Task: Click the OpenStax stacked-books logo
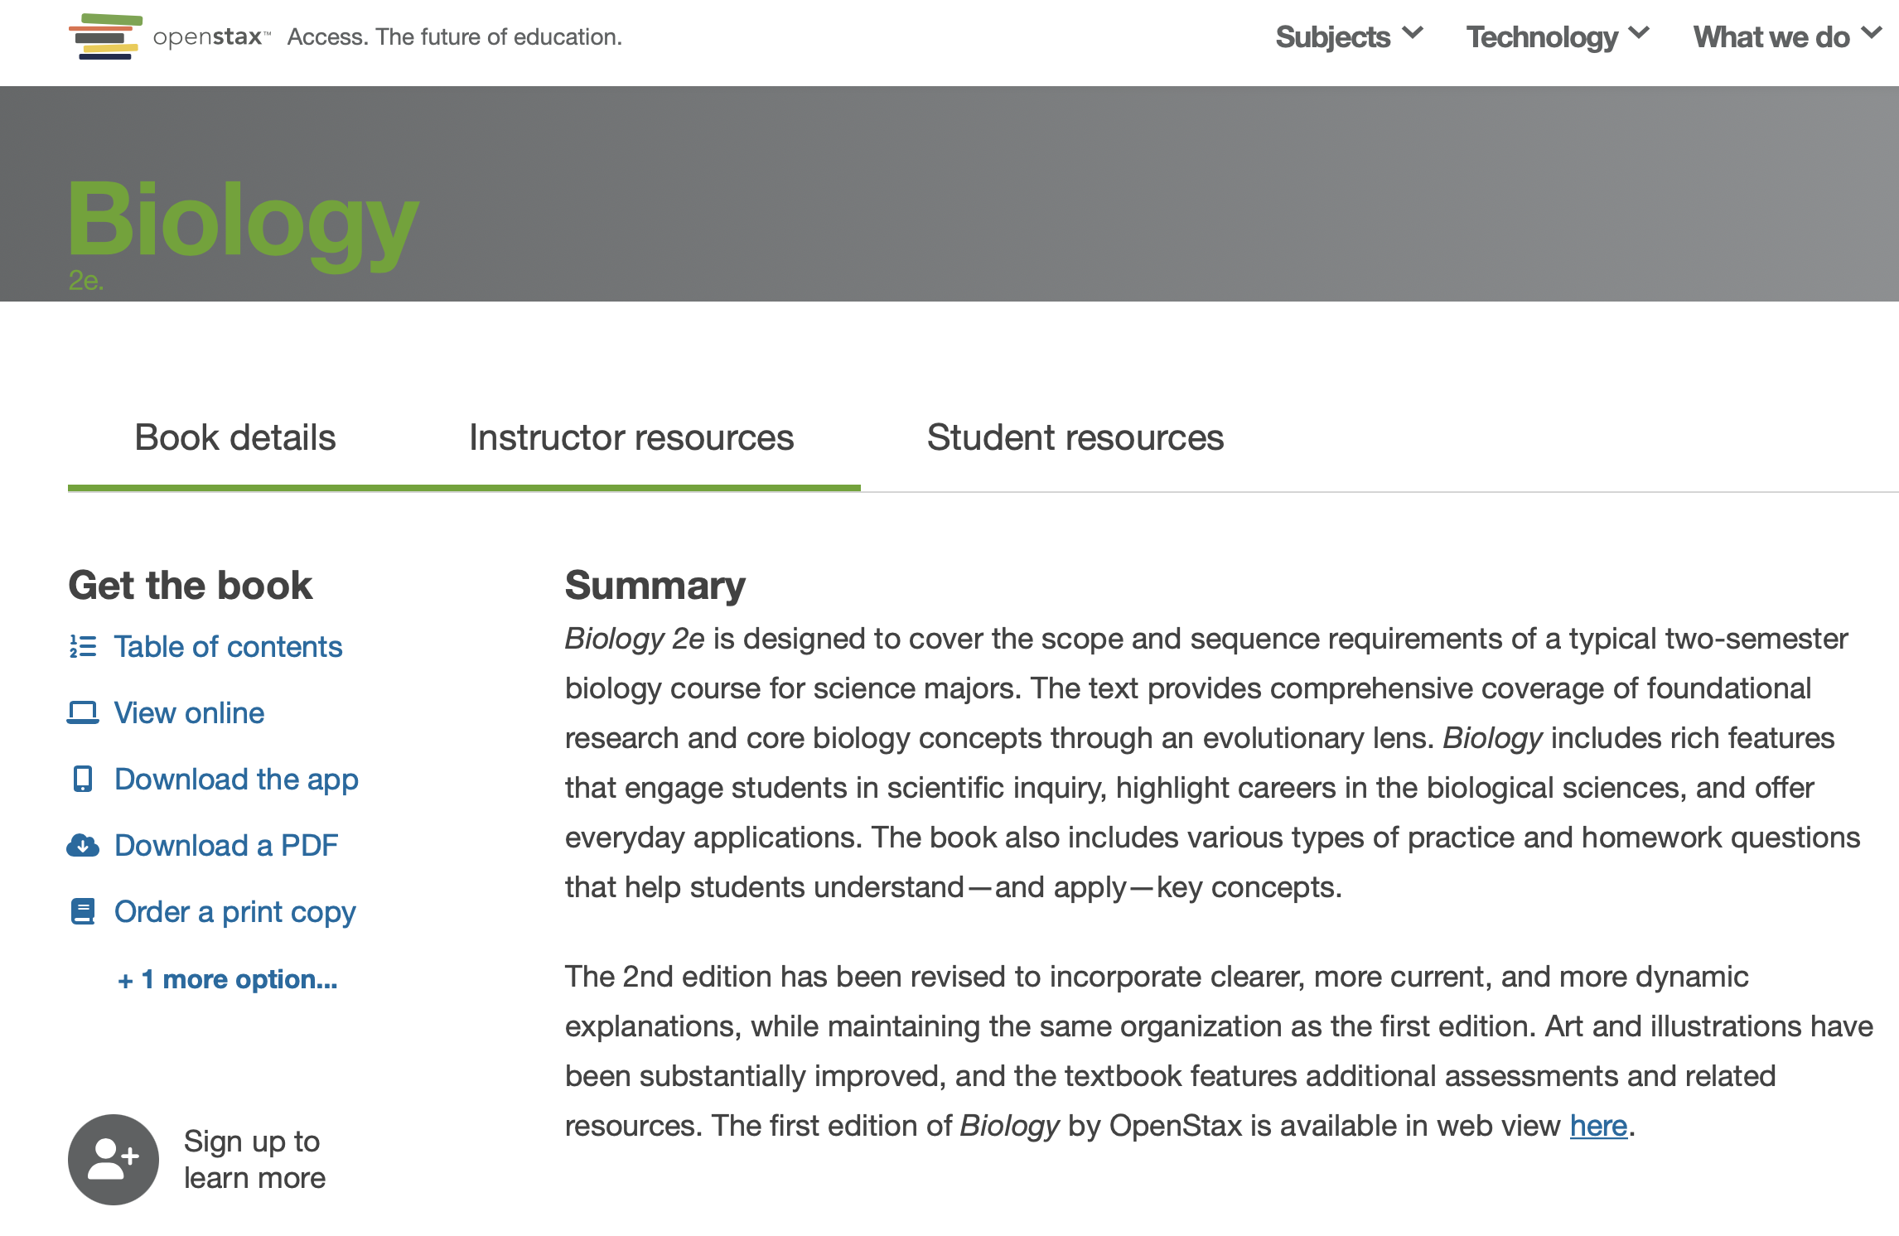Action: click(x=104, y=36)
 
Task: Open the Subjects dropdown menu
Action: click(x=1348, y=37)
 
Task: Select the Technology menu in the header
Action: click(x=1557, y=37)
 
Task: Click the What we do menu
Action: click(x=1785, y=37)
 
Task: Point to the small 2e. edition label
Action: click(x=86, y=281)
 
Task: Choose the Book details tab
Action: click(x=235, y=437)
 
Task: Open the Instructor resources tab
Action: click(x=631, y=437)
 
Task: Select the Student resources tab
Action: click(x=1075, y=437)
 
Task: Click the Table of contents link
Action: click(x=228, y=646)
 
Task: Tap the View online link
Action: click(x=189, y=712)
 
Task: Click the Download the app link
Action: click(x=236, y=779)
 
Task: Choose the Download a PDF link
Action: click(x=226, y=845)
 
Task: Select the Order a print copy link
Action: click(x=234, y=911)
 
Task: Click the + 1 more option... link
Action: click(x=228, y=979)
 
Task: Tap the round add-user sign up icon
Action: click(x=114, y=1159)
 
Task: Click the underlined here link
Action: click(x=1598, y=1126)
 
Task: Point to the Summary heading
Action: click(x=655, y=586)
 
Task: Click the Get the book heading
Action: click(x=191, y=586)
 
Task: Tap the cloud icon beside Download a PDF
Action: click(x=83, y=845)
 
